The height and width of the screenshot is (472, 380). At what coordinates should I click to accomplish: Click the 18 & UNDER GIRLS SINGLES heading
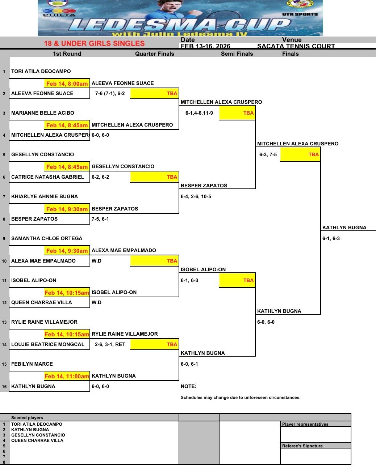pyautogui.click(x=94, y=43)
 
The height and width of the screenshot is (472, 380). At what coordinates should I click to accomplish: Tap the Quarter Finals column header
pyautogui.click(x=155, y=54)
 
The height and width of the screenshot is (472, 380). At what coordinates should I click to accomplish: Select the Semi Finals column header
pyautogui.click(x=237, y=54)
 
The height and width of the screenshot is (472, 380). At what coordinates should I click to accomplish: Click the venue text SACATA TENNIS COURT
pyautogui.click(x=296, y=46)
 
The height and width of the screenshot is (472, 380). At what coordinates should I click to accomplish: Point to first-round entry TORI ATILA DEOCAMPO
pyautogui.click(x=41, y=71)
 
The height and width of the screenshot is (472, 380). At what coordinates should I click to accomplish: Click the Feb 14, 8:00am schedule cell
pyautogui.click(x=67, y=84)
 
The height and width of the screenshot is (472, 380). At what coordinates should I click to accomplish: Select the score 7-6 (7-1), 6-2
pyautogui.click(x=110, y=93)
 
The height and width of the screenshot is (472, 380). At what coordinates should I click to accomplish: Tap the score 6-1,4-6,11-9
pyautogui.click(x=199, y=113)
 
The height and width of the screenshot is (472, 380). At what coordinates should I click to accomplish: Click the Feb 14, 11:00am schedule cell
pyautogui.click(x=67, y=376)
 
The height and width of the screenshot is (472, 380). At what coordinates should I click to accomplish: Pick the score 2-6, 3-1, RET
pyautogui.click(x=110, y=344)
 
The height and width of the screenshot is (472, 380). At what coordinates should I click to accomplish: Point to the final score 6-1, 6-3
pyautogui.click(x=331, y=238)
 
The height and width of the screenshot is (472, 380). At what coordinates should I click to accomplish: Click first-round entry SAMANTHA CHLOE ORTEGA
pyautogui.click(x=47, y=238)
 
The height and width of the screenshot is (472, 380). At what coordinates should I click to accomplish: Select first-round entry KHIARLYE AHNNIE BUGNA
pyautogui.click(x=45, y=196)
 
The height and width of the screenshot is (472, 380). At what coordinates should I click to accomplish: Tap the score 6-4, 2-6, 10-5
pyautogui.click(x=196, y=196)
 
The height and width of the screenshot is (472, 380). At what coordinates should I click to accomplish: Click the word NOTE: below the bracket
pyautogui.click(x=188, y=386)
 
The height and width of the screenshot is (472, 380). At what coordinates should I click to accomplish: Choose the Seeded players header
pyautogui.click(x=27, y=418)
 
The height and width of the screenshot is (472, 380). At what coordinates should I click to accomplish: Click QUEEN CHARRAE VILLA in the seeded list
pyautogui.click(x=37, y=441)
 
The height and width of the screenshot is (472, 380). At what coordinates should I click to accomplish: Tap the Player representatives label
pyautogui.click(x=305, y=424)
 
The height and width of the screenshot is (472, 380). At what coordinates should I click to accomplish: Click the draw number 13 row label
pyautogui.click(x=4, y=322)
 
